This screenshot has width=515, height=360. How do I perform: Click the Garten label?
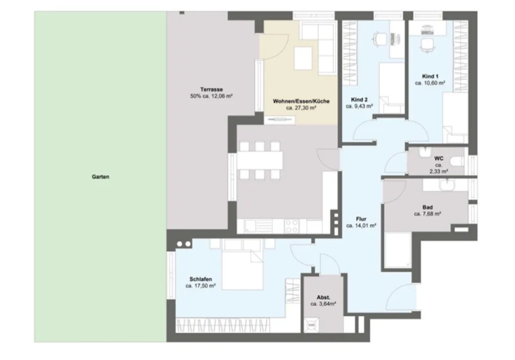[x=101, y=177]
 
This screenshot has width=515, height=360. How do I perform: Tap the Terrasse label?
[x=211, y=90]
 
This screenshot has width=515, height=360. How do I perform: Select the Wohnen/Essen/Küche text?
[x=301, y=101]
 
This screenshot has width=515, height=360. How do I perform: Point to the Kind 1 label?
[x=430, y=76]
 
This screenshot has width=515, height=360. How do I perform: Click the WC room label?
[x=439, y=158]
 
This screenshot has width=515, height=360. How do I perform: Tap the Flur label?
[x=361, y=219]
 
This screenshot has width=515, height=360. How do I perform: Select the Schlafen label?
[x=201, y=279]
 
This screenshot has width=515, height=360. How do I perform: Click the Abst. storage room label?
[x=323, y=298]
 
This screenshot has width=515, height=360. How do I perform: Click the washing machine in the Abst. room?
[x=311, y=325]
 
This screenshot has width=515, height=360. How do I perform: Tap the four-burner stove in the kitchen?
[x=292, y=226]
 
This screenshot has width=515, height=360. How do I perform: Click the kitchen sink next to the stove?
[x=259, y=226]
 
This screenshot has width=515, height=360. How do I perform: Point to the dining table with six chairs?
[x=260, y=161]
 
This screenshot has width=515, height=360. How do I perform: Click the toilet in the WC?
[x=457, y=161]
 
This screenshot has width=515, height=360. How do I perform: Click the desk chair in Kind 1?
[x=427, y=46]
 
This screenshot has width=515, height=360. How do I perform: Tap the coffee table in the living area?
[x=303, y=58]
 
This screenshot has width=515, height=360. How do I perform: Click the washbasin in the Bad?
[x=447, y=185]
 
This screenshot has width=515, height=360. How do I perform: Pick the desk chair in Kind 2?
[x=379, y=39]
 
